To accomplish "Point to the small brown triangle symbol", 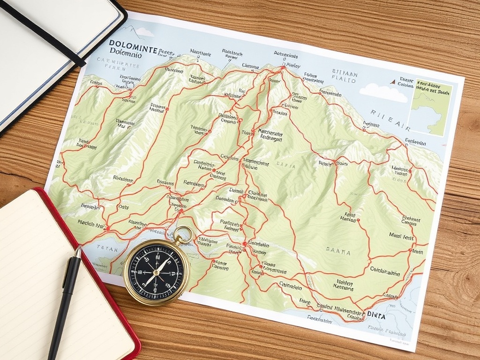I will click(392, 82).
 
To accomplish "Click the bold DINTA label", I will click(376, 316).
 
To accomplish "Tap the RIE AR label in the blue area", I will click(390, 113).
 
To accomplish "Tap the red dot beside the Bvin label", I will click(411, 251).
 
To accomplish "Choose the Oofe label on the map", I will click(123, 207).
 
